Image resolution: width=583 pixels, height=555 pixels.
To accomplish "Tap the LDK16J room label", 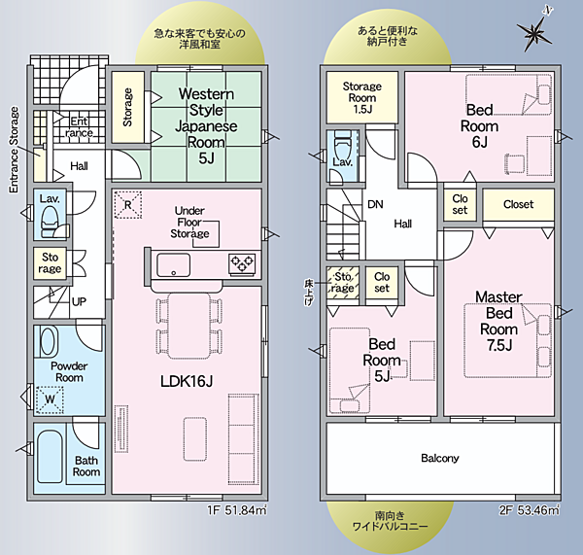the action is [187, 381].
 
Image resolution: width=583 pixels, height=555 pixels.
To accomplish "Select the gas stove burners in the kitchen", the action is [242, 263].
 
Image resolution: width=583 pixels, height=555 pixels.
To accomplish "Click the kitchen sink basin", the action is [173, 264].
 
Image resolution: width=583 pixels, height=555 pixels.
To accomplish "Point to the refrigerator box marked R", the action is [128, 204].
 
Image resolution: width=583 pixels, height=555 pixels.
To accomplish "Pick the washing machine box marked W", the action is [50, 399].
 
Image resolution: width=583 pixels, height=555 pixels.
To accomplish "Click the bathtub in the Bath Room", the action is [50, 457].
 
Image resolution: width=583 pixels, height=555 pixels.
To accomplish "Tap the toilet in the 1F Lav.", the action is [50, 222].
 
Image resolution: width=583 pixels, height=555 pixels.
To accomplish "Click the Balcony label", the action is [440, 458].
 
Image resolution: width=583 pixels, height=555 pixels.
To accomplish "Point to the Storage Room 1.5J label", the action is [362, 97].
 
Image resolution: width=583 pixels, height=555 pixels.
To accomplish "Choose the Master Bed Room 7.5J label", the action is [498, 322].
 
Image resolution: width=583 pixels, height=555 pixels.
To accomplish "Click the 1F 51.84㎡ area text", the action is [237, 510].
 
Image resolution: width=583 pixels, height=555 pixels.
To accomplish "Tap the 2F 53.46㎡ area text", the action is [530, 510].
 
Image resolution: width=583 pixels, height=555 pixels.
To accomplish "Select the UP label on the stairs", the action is [79, 301].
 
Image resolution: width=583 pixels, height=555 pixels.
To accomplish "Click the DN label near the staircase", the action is [375, 204].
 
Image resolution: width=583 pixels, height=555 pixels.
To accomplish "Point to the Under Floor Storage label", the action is [189, 222].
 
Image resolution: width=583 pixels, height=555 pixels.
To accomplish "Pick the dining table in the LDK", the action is [189, 326].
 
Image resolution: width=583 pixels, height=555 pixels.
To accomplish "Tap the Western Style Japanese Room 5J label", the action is [206, 125].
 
